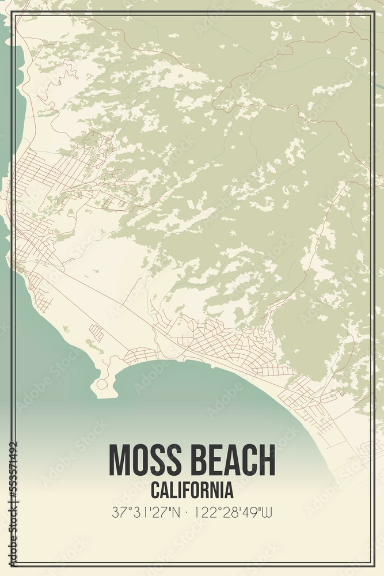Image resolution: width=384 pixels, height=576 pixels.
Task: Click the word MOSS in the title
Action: (145, 460)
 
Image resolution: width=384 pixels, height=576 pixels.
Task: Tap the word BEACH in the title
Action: (230, 460)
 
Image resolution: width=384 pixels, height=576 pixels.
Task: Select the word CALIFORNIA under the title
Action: (192, 490)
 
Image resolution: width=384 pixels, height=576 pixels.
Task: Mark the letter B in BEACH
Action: (198, 460)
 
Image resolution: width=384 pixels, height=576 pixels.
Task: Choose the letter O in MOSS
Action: (141, 460)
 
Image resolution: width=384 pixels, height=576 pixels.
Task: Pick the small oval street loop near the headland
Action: (97, 332)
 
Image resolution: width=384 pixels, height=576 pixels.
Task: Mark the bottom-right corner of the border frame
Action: (374, 566)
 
